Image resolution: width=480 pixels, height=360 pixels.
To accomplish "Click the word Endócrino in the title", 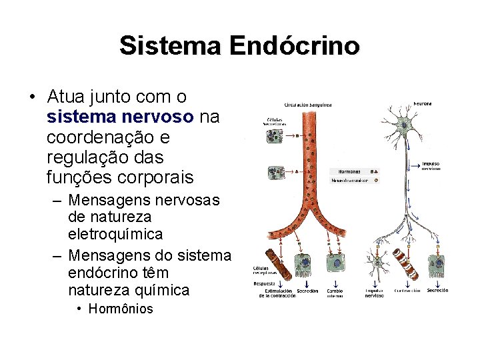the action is click(294, 46).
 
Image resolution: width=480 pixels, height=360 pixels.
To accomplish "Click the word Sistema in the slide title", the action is click(172, 46).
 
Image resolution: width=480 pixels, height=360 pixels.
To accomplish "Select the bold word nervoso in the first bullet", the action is click(159, 117).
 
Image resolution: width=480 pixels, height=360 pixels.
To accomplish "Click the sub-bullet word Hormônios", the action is click(121, 309).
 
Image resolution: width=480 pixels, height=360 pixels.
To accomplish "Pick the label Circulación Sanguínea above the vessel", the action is click(308, 105).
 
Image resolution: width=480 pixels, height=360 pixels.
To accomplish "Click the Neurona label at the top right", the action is click(423, 103).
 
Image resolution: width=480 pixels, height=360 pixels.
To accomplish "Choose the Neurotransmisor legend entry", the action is click(349, 180).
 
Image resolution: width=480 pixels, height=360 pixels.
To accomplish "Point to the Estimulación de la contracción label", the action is click(279, 293).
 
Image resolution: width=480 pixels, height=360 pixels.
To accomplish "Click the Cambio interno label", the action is click(335, 293).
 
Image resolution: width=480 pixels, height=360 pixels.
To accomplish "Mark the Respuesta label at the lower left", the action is click(264, 283).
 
